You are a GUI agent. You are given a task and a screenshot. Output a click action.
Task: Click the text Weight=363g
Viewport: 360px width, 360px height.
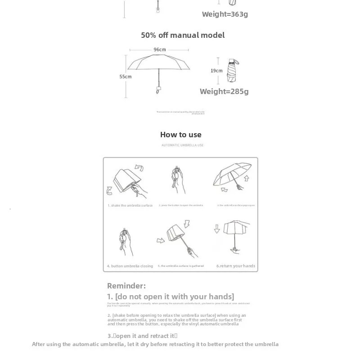pos(225,14)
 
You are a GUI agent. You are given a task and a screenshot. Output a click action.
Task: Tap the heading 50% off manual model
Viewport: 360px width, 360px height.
pos(183,35)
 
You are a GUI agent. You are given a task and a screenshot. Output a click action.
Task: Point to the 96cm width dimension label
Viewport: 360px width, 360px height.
pos(160,49)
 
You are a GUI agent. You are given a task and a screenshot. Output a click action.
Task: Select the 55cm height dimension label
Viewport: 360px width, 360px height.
pos(125,76)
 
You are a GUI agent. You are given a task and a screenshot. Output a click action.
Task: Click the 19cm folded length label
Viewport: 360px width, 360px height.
pos(216,71)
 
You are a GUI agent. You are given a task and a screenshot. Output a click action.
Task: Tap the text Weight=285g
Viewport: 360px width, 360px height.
pos(224,91)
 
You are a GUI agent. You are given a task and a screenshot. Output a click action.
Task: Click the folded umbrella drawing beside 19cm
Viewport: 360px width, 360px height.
pos(233,70)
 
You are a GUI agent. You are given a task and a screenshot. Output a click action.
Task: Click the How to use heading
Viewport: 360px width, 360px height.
pos(180,135)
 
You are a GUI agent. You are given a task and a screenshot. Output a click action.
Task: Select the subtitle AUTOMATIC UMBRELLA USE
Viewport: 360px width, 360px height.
pos(182,145)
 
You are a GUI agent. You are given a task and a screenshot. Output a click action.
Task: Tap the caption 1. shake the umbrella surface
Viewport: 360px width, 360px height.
pos(130,206)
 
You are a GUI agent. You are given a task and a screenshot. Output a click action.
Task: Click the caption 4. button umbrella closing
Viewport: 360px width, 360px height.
pos(130,266)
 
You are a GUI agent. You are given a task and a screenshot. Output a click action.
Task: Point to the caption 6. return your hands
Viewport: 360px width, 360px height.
pos(235,266)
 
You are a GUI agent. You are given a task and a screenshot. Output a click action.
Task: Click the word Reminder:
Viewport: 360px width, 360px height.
pos(126,286)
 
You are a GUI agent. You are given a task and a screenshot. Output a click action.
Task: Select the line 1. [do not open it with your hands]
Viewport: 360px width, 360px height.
pos(171,297)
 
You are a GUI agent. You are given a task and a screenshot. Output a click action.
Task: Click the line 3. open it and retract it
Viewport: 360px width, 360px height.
pos(142,336)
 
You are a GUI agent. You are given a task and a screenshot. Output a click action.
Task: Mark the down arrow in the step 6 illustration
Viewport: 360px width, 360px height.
pos(217,228)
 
